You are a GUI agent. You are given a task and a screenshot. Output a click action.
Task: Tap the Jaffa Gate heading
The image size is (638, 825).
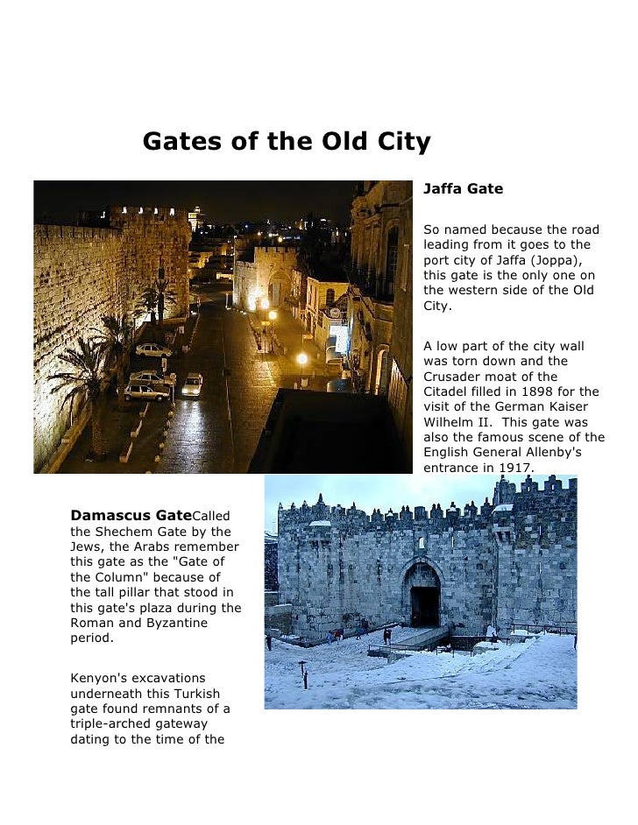[463, 189]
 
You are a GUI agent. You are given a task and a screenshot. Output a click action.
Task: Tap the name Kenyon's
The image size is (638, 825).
[101, 678]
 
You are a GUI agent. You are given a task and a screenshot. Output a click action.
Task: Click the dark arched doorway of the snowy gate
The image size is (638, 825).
[425, 605]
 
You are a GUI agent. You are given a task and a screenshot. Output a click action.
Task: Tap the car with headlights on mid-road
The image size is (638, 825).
[193, 383]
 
